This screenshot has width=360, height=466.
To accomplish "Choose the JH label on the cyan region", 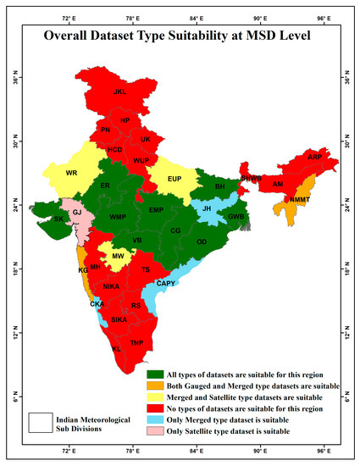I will (x=206, y=207).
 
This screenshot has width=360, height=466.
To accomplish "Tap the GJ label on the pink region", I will (x=76, y=213).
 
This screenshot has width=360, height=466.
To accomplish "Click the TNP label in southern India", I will (x=137, y=343).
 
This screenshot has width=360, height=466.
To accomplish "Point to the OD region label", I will (x=202, y=241).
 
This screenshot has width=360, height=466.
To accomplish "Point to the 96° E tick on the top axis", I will (x=324, y=17).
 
